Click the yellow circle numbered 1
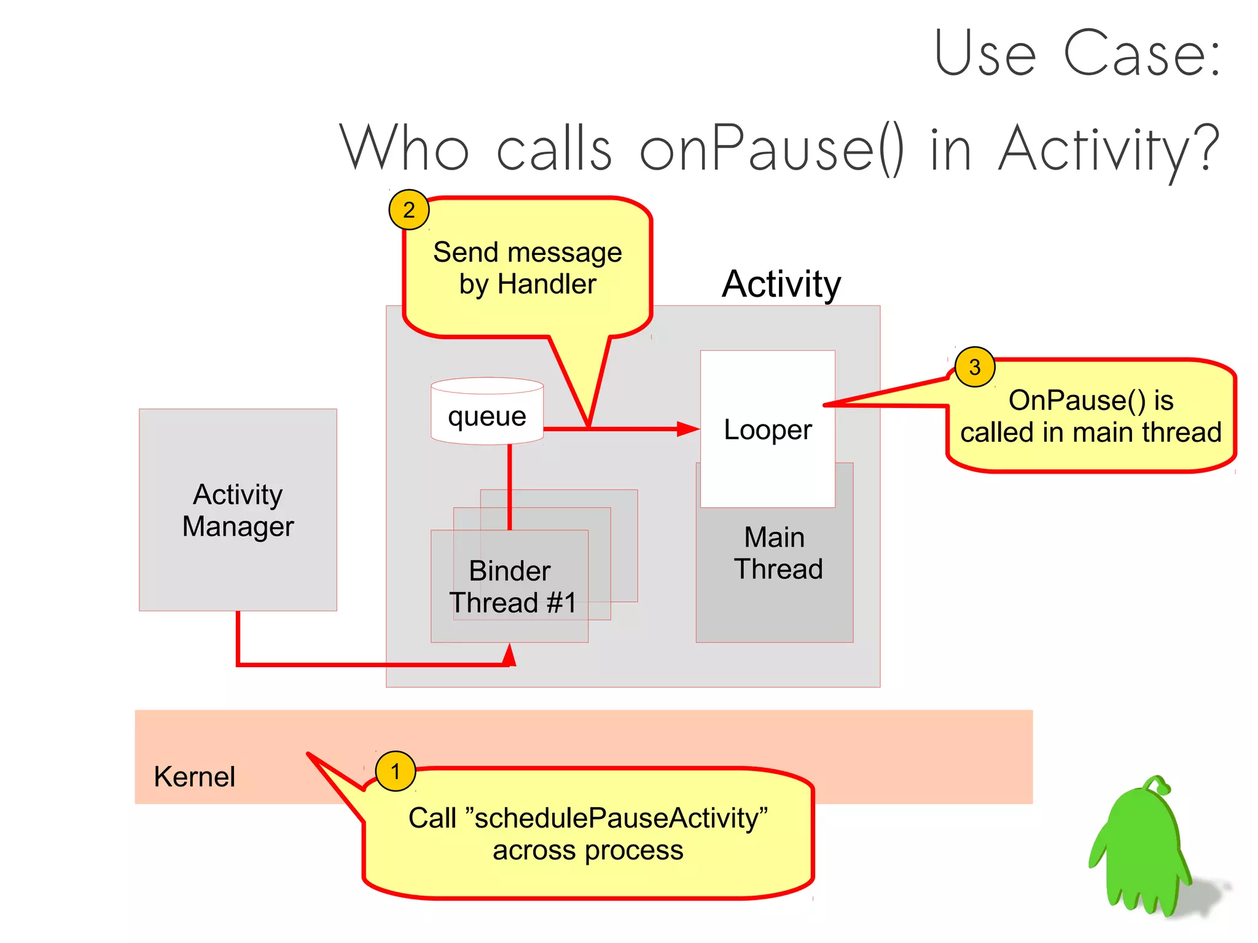point(395,771)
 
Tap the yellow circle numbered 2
point(408,210)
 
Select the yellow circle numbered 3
point(975,367)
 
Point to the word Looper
point(767,429)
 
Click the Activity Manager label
point(238,510)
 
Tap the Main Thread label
point(777,553)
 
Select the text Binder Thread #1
point(512,587)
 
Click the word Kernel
point(194,777)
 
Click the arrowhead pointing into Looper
point(688,429)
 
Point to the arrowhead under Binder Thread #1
point(509,655)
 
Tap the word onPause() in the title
point(771,149)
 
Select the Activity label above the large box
point(781,284)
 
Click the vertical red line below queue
point(509,485)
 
